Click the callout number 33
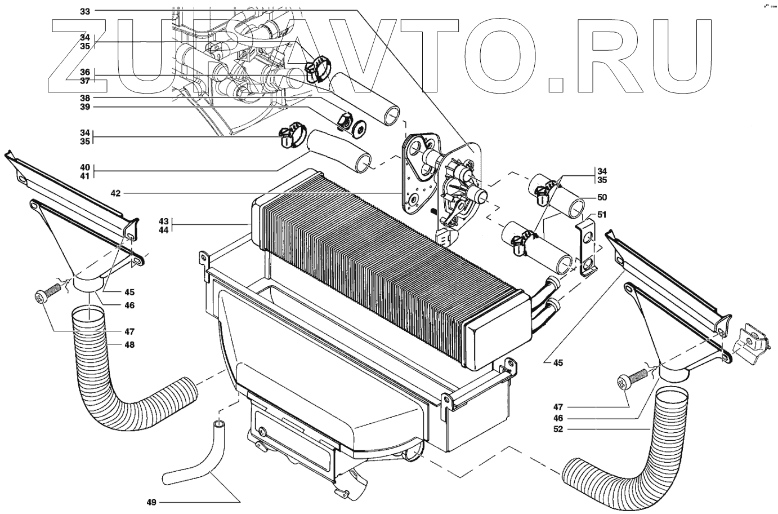click(85, 11)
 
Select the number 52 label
click(557, 429)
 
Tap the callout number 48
click(129, 344)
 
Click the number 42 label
click(115, 193)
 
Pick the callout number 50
click(587, 197)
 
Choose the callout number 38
click(85, 97)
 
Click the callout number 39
click(85, 107)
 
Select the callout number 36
click(85, 72)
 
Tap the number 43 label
click(164, 220)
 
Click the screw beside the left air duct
click(47, 293)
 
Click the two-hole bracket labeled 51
click(587, 247)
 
